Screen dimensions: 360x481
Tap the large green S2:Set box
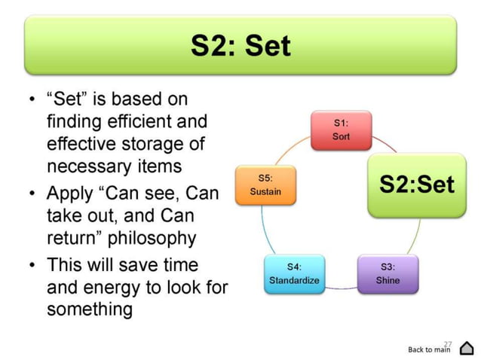coord(417,185)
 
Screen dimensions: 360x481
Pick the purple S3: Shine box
coord(388,273)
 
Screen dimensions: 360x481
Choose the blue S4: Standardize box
coord(294,273)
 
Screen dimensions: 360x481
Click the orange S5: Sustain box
coord(265,185)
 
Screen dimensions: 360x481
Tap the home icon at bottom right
coord(466,347)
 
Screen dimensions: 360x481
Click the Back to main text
coord(428,349)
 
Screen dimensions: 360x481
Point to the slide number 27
coord(447,341)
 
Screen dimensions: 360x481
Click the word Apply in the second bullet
coord(68,194)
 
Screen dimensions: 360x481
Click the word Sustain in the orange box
coord(265,191)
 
